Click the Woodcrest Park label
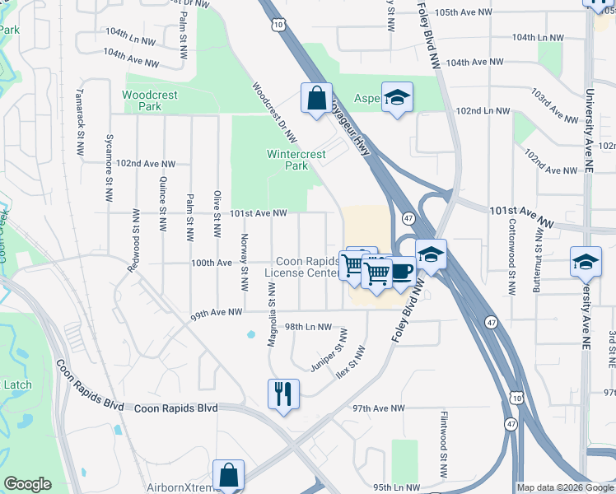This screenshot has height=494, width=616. [x=150, y=100]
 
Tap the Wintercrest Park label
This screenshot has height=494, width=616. [x=287, y=160]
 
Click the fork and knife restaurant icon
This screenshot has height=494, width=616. [x=283, y=394]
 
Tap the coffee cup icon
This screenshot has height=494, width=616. [x=401, y=271]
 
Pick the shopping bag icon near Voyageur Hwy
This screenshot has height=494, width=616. [x=317, y=99]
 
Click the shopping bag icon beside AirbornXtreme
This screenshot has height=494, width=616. [x=228, y=475]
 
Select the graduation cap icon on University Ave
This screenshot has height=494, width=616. [x=586, y=263]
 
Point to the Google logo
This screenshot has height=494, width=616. [x=28, y=484]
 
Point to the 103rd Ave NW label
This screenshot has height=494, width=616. [x=554, y=106]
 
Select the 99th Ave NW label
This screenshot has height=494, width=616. [x=216, y=312]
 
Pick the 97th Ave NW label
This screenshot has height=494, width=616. [x=379, y=408]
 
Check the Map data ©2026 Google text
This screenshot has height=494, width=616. [x=565, y=487]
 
